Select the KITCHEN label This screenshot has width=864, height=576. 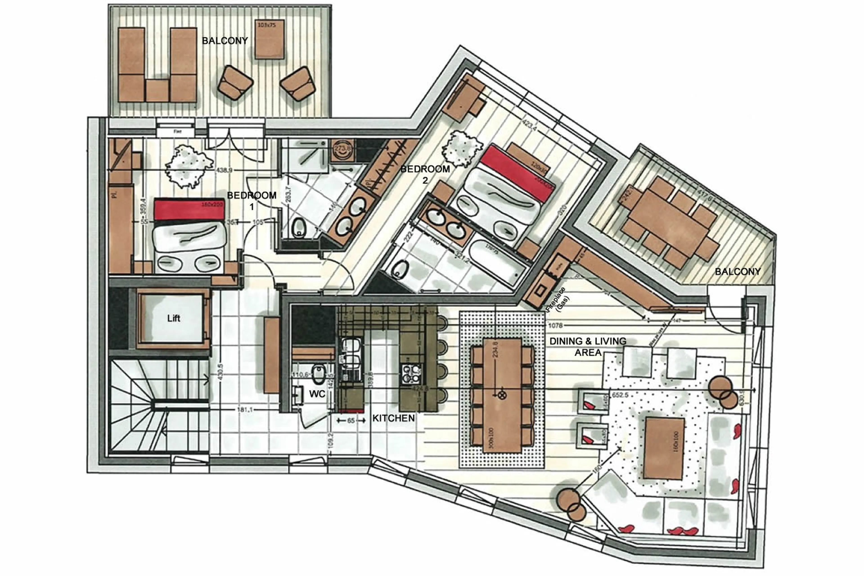(x=393, y=418)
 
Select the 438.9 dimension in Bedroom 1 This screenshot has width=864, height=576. (x=224, y=170)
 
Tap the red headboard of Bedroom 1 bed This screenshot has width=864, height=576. (x=189, y=209)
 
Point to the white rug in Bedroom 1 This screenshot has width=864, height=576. (x=188, y=166)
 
